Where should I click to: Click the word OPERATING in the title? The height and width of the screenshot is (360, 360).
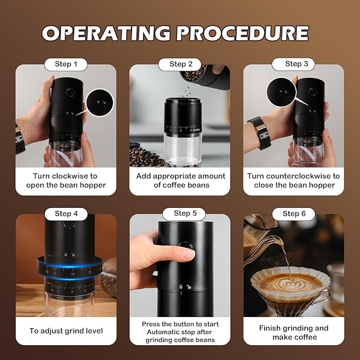click(x=106, y=33)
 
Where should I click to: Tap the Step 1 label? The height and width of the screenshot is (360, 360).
click(x=66, y=64)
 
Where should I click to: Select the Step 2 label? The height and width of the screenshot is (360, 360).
click(x=180, y=64)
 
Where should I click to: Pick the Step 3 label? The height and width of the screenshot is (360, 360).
click(x=293, y=64)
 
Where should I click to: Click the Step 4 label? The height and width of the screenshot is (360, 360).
click(x=66, y=214)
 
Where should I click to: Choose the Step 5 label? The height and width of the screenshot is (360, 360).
click(x=180, y=214)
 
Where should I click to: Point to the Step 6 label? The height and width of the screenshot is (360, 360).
click(x=293, y=214)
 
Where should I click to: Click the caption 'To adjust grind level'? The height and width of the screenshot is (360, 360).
click(x=66, y=331)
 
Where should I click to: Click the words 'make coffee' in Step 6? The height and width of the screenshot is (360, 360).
click(x=294, y=337)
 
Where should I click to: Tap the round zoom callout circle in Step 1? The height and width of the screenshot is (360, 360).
click(x=100, y=102)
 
